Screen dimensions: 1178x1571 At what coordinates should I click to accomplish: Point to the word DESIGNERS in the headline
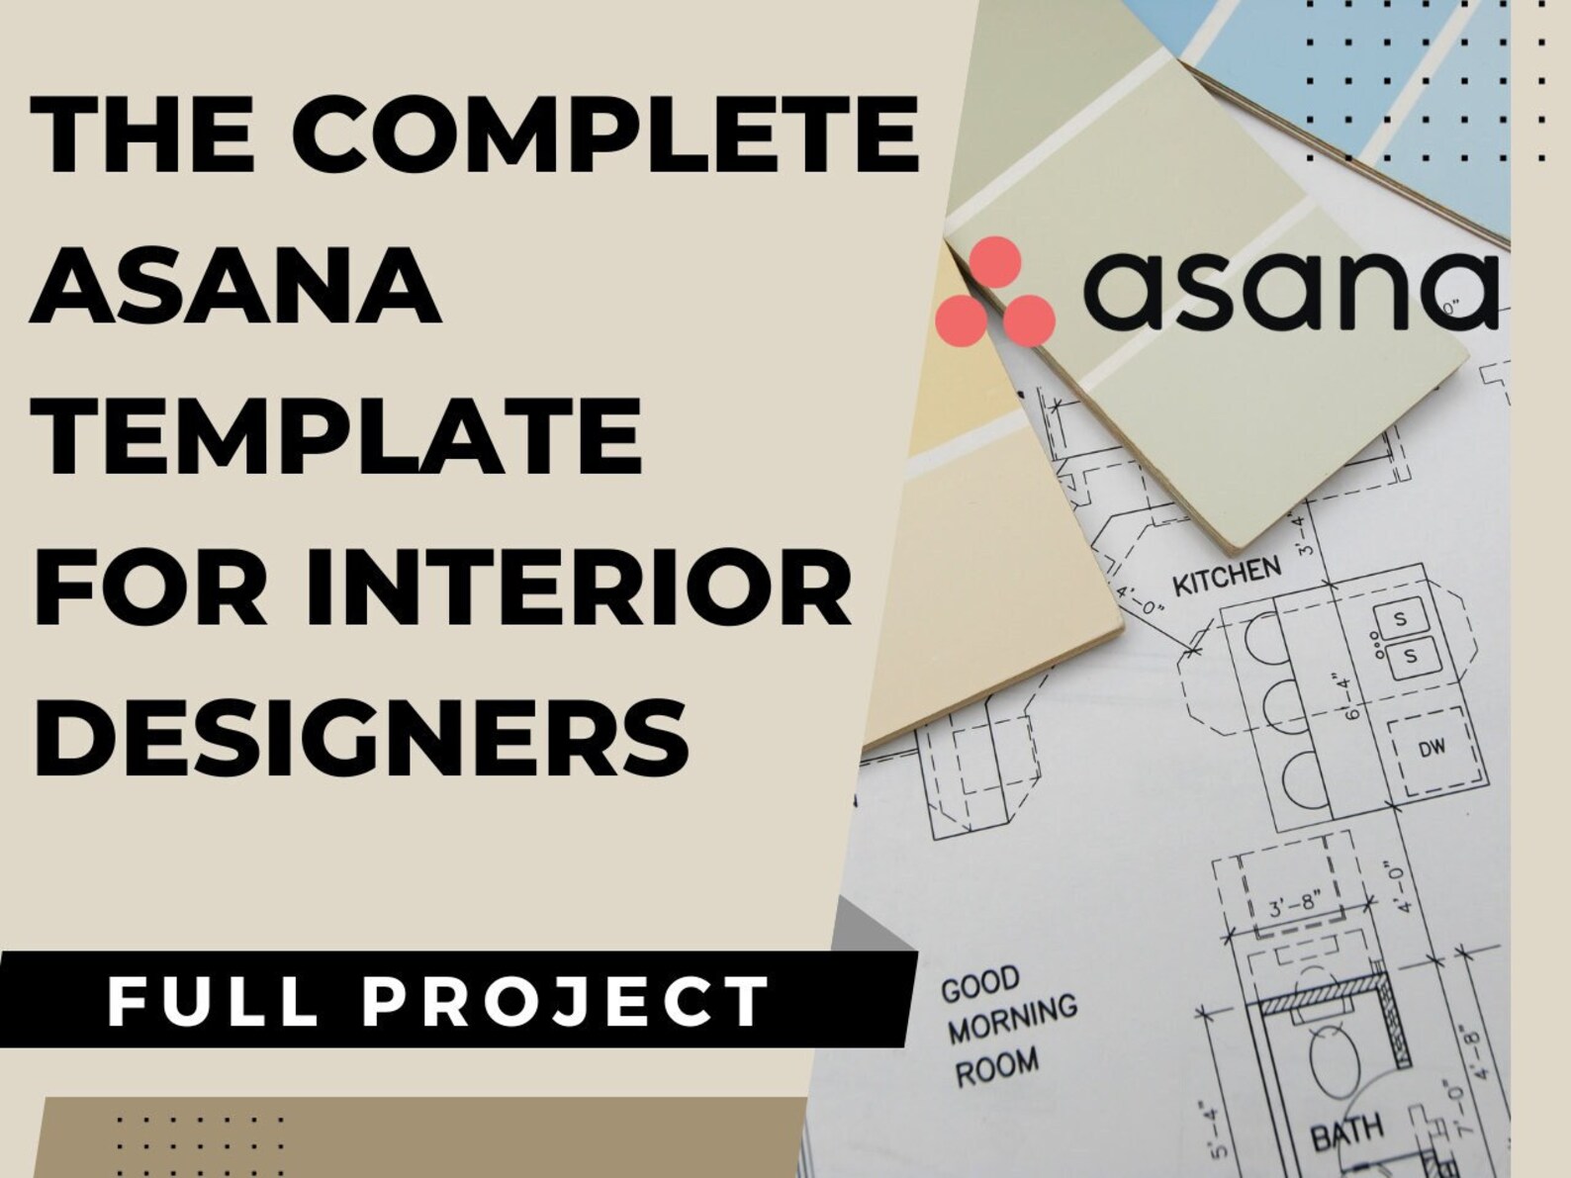[362, 737]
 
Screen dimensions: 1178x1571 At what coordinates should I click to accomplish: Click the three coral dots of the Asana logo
[994, 294]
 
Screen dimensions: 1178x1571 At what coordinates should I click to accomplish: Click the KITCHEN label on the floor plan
[1226, 576]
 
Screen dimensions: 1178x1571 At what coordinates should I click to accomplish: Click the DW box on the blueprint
[1432, 749]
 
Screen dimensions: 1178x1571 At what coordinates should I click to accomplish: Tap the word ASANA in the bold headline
[235, 284]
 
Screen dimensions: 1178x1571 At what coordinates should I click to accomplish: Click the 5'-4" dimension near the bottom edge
[1216, 1133]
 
